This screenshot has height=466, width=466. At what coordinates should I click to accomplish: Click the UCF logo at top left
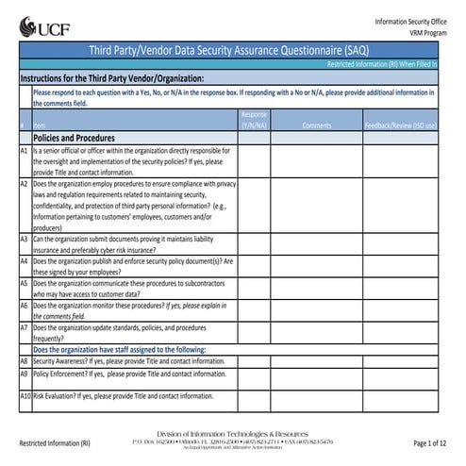coord(39,25)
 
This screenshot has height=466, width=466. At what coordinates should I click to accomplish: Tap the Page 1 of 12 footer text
coord(434,443)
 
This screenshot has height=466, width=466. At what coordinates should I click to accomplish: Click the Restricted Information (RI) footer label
coord(54,443)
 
